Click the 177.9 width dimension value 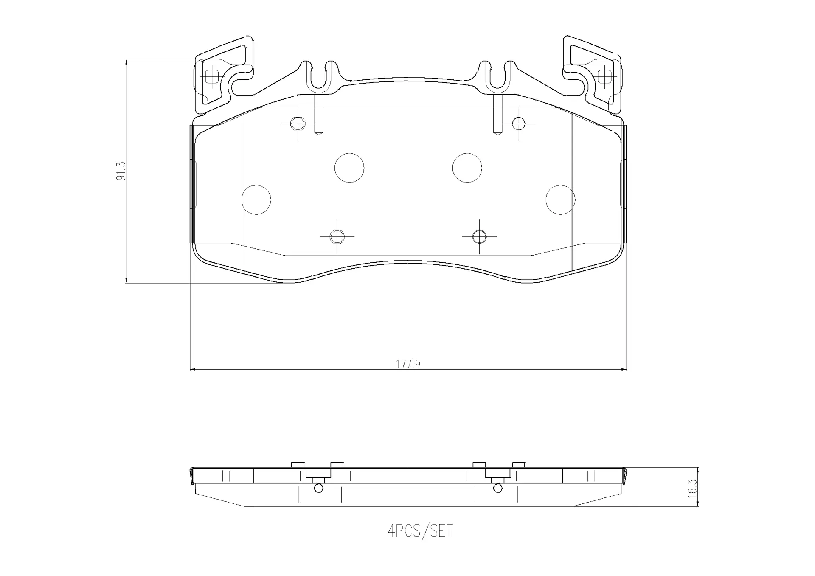coord(408,364)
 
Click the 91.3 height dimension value coord(121,171)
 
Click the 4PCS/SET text coord(421,531)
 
